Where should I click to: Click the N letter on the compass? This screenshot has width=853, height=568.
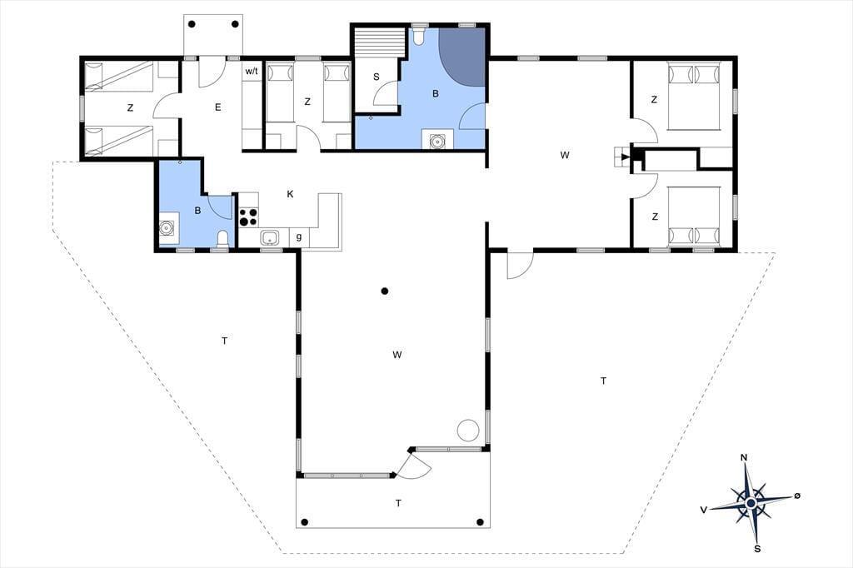tap(744, 457)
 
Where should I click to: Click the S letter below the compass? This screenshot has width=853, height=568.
tap(757, 548)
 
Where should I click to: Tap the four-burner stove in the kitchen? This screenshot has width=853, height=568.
tap(248, 217)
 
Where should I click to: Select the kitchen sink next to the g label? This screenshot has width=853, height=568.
tap(270, 237)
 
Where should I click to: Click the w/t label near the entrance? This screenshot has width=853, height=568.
tap(252, 72)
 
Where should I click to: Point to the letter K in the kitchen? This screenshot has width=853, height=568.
tap(291, 194)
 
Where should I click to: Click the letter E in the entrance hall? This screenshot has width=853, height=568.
tap(217, 107)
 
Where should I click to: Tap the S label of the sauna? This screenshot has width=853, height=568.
tap(376, 77)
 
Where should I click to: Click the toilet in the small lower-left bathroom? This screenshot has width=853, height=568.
tap(222, 239)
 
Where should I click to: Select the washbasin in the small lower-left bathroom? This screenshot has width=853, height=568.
tap(167, 228)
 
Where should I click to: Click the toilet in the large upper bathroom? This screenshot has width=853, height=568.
tap(418, 37)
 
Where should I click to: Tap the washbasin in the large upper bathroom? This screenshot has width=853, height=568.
tap(436, 141)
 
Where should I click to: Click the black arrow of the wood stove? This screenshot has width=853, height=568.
tap(626, 157)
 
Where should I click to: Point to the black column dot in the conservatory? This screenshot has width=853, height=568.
tap(385, 291)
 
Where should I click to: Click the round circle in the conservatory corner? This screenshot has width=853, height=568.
tap(467, 431)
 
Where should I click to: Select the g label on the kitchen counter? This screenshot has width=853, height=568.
tap(299, 237)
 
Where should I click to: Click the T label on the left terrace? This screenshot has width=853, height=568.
tap(224, 341)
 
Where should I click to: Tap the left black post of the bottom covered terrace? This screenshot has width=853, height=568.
tap(305, 522)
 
